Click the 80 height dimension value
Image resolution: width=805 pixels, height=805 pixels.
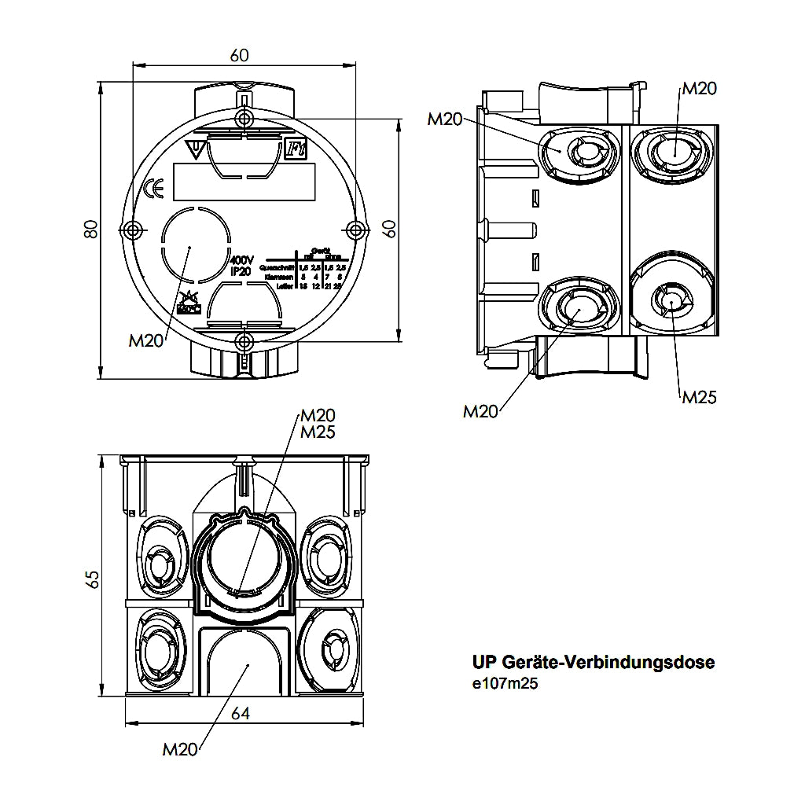coord(91,229)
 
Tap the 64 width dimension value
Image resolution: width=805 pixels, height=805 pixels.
coord(240,713)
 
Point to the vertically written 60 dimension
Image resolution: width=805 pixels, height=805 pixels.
coord(388,229)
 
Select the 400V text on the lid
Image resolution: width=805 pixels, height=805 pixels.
coord(241,259)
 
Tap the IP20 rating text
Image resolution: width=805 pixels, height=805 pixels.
coord(241,270)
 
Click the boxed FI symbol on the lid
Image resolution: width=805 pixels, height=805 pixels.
coord(294,148)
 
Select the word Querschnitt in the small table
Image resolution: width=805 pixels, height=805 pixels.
coord(277,269)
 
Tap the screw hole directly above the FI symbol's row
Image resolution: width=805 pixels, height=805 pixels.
coord(244,118)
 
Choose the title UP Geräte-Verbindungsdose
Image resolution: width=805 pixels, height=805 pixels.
coord(594,663)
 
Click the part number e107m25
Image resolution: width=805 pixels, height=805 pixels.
coord(505,684)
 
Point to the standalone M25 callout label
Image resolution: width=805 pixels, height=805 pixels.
coord(699,397)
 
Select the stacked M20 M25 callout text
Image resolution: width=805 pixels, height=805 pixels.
coord(318,423)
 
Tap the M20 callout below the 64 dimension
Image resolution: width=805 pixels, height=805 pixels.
coord(180,749)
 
